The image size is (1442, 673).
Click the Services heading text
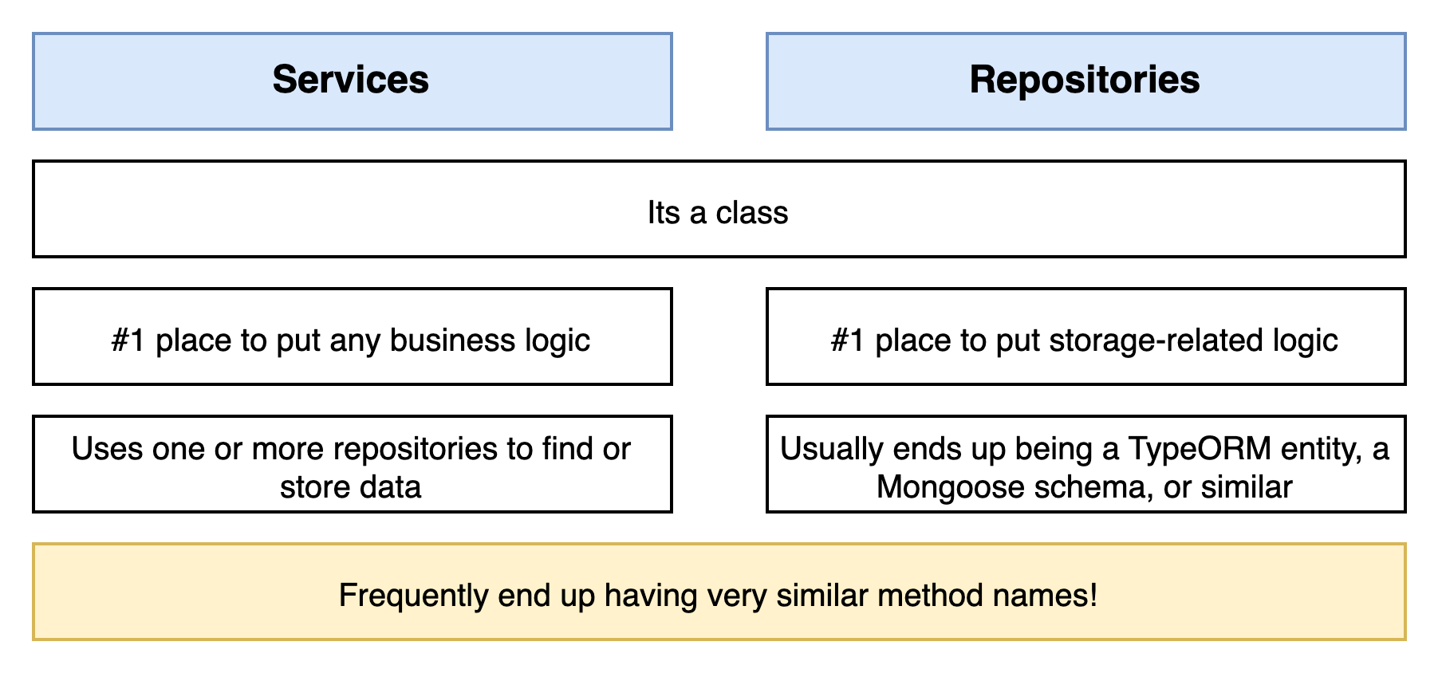coord(351,80)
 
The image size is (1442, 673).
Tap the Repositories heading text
coord(1085,81)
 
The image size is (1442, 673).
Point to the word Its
coord(664,213)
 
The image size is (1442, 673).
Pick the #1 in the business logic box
coord(129,340)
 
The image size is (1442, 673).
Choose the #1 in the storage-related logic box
coord(848,340)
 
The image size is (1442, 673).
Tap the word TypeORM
coord(1200,449)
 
